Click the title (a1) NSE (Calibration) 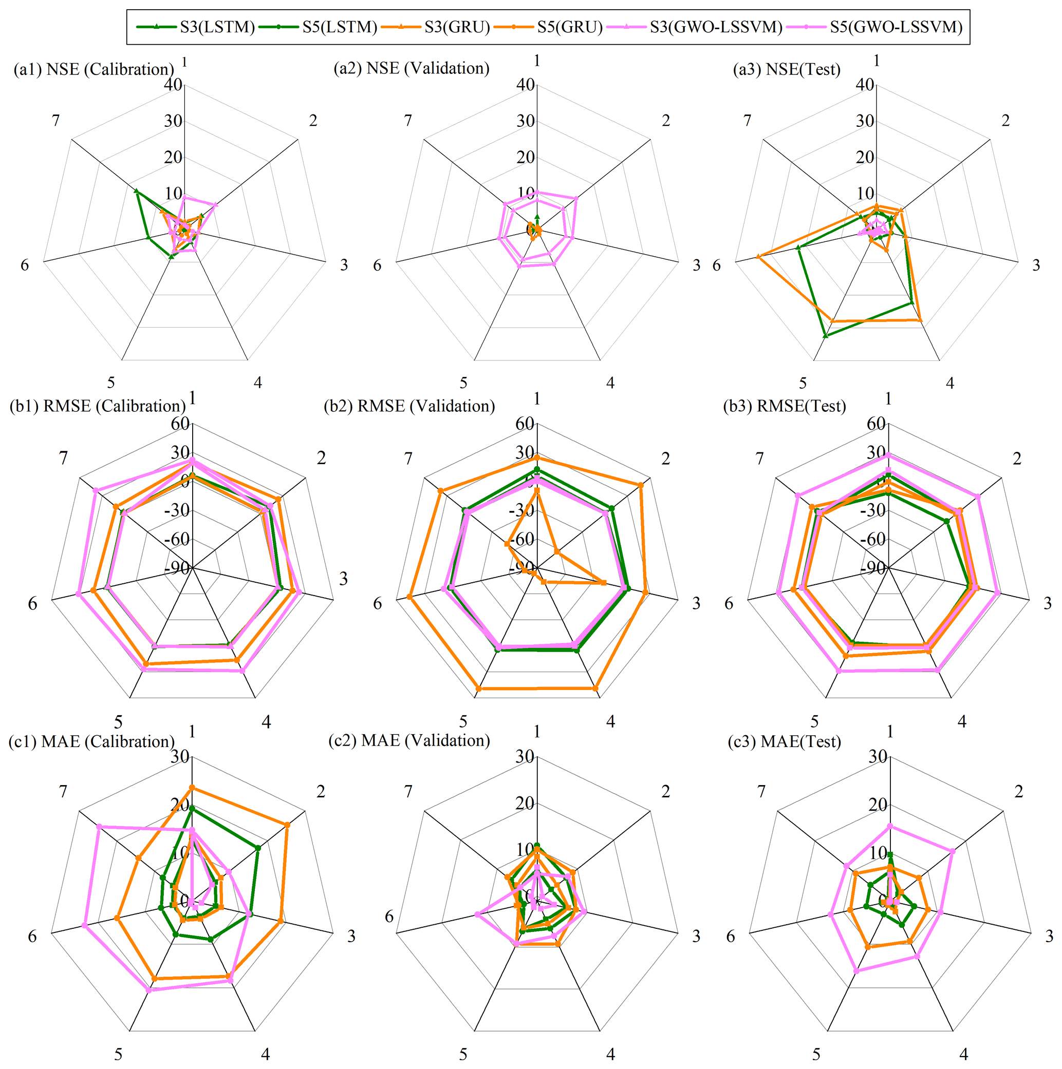tap(94, 69)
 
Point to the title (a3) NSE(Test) tap(786, 69)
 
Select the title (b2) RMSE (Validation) tap(409, 406)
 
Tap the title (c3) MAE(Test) tap(784, 741)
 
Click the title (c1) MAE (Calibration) tap(91, 741)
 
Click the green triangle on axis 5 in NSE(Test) tap(826, 335)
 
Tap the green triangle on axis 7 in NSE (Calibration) tap(136, 192)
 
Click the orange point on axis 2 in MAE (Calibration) tap(287, 825)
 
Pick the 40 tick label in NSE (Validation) tap(526, 85)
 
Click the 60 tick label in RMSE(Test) tap(876, 423)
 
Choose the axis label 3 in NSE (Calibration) tap(344, 265)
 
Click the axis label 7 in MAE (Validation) tap(408, 792)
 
